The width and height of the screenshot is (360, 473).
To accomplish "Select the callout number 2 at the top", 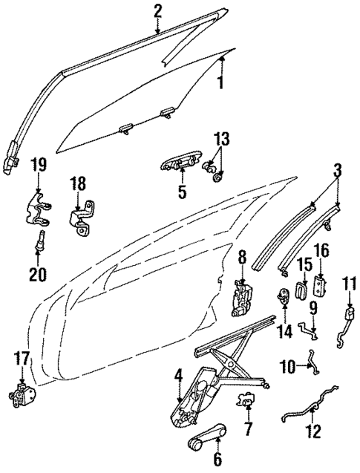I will [x=157, y=10].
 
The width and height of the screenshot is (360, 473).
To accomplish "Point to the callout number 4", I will [x=178, y=376].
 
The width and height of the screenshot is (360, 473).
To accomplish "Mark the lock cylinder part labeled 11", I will [x=347, y=321].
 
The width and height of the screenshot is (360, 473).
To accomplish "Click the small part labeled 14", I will [x=284, y=298].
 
